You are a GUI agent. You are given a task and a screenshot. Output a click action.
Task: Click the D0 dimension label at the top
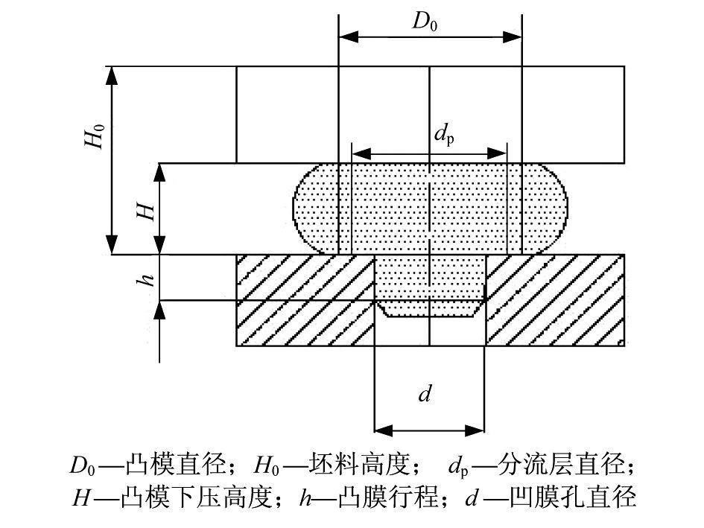click(425, 21)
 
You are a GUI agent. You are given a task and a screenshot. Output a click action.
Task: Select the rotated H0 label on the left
click(95, 136)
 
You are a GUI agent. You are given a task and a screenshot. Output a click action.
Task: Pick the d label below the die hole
click(425, 394)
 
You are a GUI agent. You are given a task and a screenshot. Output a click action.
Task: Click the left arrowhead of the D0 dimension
click(349, 36)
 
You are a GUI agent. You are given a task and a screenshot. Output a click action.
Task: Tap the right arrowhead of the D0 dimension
click(513, 36)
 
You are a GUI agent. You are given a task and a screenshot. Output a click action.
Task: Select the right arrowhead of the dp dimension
click(497, 153)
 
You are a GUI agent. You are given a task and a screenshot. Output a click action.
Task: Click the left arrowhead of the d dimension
click(384, 431)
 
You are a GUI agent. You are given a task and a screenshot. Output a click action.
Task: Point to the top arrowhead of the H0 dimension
click(112, 76)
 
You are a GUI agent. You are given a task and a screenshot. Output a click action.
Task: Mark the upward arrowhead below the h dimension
click(159, 310)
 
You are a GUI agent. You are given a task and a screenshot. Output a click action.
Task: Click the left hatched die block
click(305, 300)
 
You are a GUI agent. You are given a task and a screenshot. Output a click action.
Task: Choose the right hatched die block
click(555, 300)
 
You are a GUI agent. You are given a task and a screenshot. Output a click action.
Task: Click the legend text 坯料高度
click(360, 465)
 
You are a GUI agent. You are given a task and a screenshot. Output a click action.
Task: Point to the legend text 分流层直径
click(561, 465)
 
